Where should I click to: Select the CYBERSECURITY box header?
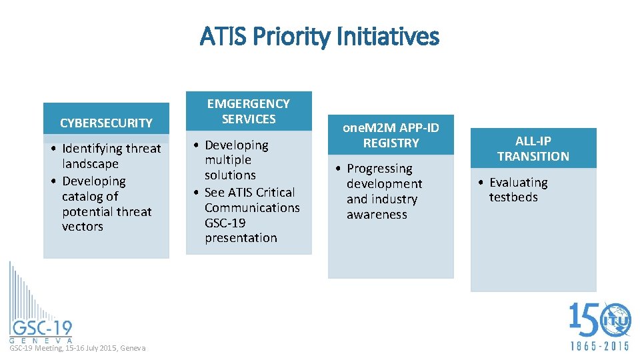[106, 123]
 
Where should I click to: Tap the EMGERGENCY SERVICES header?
[249, 111]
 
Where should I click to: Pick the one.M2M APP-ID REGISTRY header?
[391, 135]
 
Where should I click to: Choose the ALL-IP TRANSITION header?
[533, 149]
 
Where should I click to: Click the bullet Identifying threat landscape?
[111, 156]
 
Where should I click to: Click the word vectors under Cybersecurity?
[83, 227]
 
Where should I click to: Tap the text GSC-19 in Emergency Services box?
[225, 223]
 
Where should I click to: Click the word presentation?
[241, 238]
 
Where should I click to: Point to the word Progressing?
[379, 169]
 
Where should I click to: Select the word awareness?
[377, 215]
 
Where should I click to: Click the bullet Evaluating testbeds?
[517, 189]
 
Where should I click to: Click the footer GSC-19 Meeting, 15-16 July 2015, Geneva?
[77, 348]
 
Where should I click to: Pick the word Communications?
[252, 208]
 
